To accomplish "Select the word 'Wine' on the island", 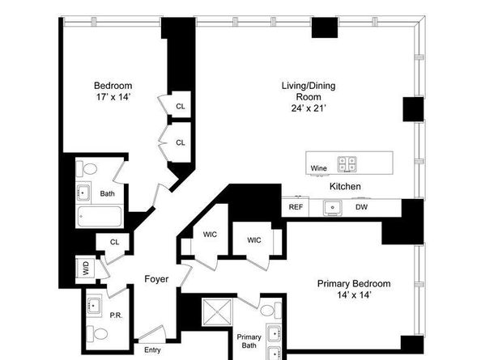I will coord(318,168).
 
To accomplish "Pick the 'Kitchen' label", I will coord(345,187).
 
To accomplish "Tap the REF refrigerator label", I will coord(296,207).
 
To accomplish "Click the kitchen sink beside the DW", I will coord(332,207).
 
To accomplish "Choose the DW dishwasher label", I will coord(361,207).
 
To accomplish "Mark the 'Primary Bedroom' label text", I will coord(353,284).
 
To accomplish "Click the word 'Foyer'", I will coord(156,279).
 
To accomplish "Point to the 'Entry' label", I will coord(152,349).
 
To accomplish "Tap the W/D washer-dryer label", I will coord(85,268).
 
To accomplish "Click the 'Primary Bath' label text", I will coord(248,342).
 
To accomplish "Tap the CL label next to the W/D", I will coord(115,241).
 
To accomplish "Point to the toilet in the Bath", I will coord(89,169).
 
